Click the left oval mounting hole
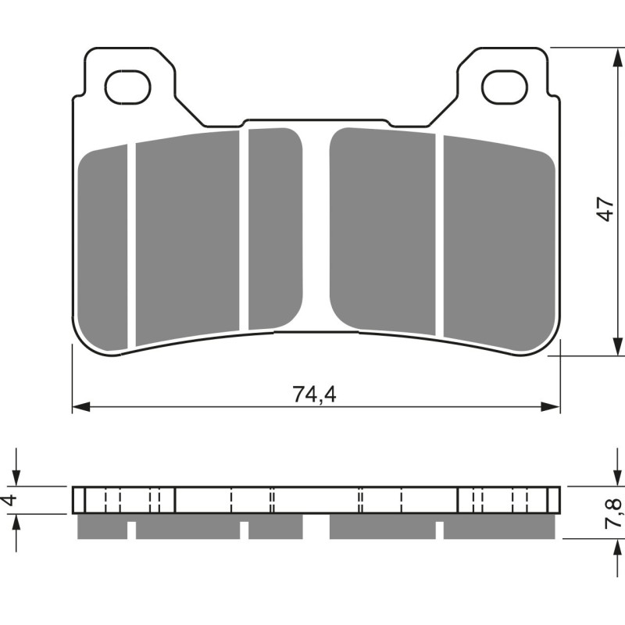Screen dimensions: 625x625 pyautogui.click(x=127, y=87)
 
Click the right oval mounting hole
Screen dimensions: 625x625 pyautogui.click(x=505, y=87)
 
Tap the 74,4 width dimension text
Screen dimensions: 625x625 pyautogui.click(x=315, y=395)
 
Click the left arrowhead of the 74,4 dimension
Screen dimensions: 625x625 pyautogui.click(x=78, y=407)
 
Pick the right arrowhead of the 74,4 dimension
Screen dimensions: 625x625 pyautogui.click(x=554, y=407)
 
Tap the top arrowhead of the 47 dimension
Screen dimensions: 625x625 pyautogui.click(x=617, y=55)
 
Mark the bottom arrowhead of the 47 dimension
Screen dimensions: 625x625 pyautogui.click(x=617, y=348)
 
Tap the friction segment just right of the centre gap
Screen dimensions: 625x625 pyautogui.click(x=383, y=230)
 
